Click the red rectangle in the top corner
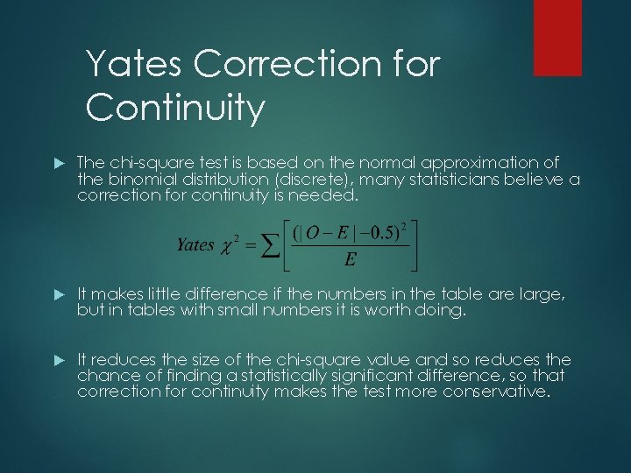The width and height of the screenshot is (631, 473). pyautogui.click(x=557, y=38)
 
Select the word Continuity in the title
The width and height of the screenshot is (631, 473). pyautogui.click(x=175, y=109)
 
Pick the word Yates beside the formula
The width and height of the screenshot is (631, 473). pyautogui.click(x=195, y=244)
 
